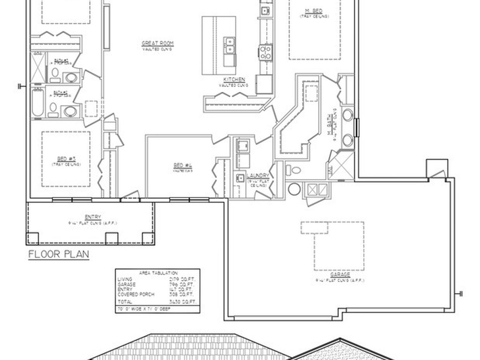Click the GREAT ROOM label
click(x=157, y=44)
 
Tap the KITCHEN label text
click(x=234, y=80)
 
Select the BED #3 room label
click(x=66, y=159)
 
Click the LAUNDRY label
click(x=258, y=176)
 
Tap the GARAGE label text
click(x=340, y=275)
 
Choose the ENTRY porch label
click(x=92, y=217)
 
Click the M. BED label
click(x=314, y=11)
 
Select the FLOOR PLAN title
click(x=59, y=255)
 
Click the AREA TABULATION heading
click(x=158, y=272)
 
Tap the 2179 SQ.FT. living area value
click(x=182, y=279)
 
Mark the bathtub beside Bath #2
click(x=38, y=102)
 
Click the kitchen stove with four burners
click(x=265, y=52)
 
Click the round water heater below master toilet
click(x=294, y=189)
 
